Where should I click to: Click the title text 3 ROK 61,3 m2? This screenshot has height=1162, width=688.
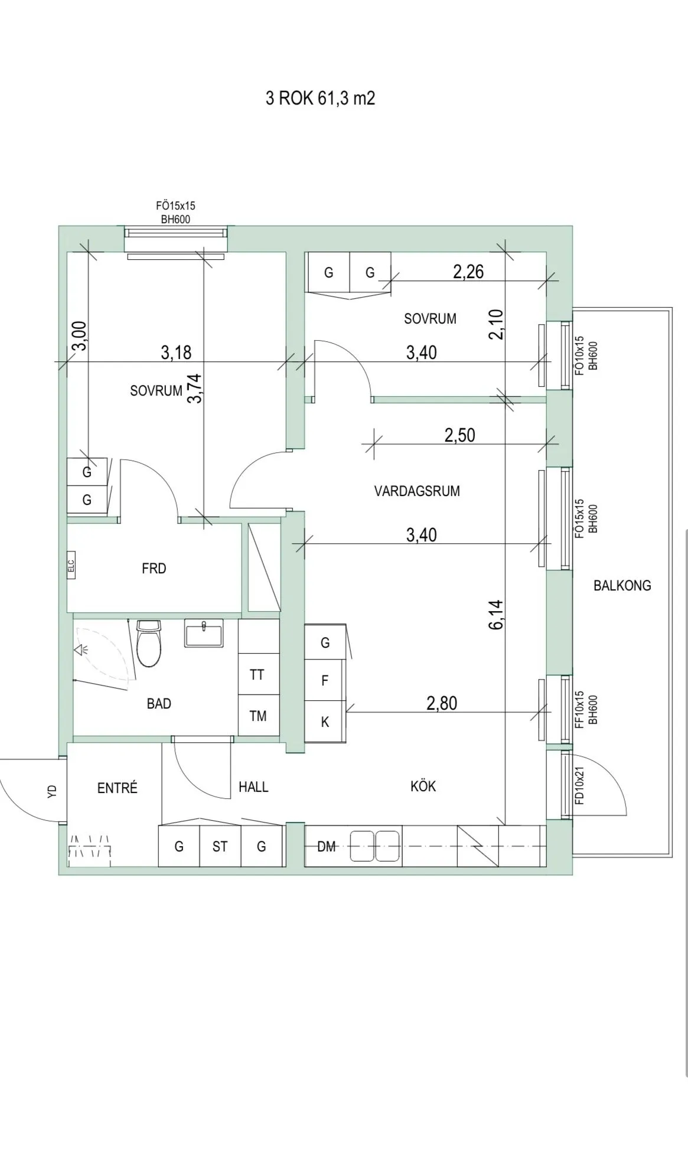320,98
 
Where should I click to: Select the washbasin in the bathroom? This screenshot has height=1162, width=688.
204,634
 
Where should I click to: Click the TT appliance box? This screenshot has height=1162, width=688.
257,674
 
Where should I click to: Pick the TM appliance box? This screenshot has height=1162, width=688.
258,716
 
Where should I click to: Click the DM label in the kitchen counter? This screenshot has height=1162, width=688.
326,847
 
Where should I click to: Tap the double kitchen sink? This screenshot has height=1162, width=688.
375,846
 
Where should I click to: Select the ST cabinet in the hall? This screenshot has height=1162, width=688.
220,847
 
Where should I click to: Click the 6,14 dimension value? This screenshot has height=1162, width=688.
497,614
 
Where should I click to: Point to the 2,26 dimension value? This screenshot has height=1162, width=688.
468,272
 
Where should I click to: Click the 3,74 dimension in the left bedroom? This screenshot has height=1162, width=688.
195,389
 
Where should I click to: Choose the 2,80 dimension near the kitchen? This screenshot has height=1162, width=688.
442,703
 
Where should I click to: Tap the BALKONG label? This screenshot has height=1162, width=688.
622,586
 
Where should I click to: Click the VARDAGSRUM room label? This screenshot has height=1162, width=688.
417,491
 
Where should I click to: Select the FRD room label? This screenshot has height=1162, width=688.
154,569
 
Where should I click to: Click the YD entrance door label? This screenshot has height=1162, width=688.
52,791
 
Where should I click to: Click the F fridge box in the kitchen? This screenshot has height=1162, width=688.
325,681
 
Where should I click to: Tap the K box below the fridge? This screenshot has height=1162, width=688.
325,722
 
